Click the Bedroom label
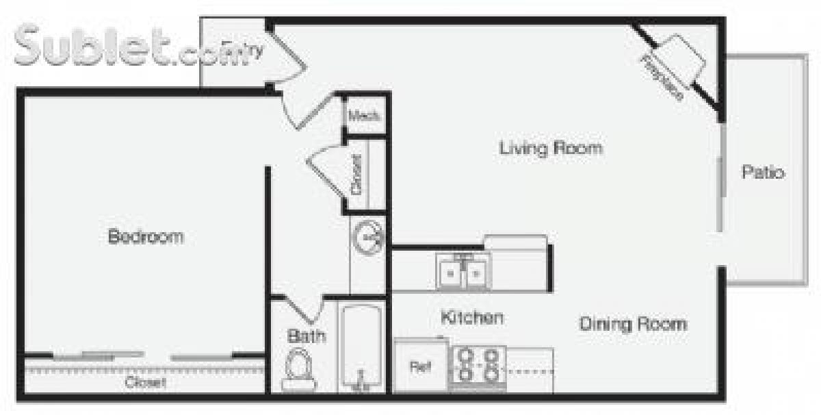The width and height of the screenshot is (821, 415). (146, 237)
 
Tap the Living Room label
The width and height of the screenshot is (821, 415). (550, 148)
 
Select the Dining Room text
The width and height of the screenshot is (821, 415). (633, 323)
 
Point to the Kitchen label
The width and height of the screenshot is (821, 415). (472, 318)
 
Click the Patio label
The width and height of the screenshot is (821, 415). (763, 173)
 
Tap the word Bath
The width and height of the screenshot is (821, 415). (306, 336)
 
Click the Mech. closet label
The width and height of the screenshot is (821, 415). (363, 116)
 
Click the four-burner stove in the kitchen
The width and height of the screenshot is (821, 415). (478, 366)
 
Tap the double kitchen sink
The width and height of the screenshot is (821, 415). (462, 273)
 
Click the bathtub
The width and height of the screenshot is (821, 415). (362, 348)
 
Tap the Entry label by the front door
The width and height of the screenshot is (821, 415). (250, 50)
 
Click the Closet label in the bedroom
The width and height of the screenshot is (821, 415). (144, 382)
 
